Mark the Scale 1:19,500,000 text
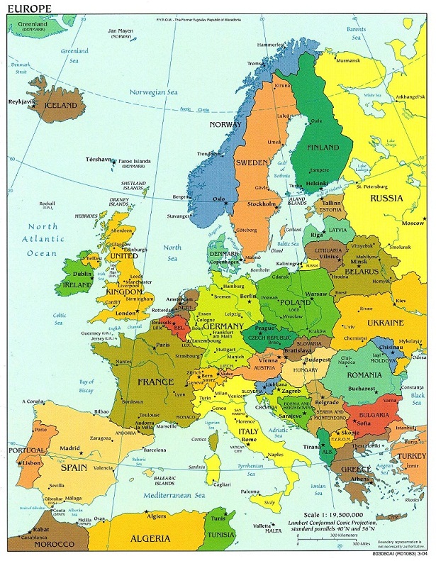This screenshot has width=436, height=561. coord(333,514)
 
